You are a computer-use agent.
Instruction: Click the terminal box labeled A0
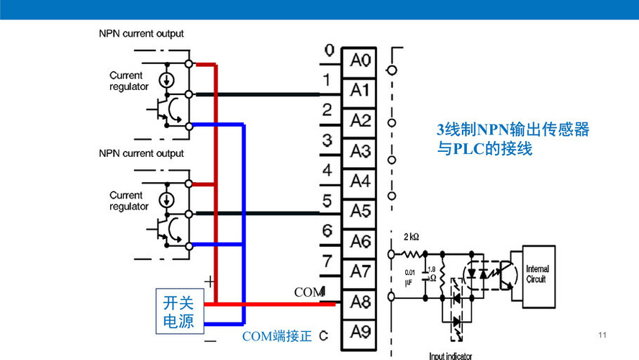360,60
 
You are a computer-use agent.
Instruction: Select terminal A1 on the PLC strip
360,91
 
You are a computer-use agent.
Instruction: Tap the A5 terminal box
360,211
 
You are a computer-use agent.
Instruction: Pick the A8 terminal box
360,302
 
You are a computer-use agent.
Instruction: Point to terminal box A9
360,332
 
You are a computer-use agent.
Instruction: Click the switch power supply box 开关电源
178,312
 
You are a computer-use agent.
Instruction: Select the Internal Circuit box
537,274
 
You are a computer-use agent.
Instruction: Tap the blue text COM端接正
276,336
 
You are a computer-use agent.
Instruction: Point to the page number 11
603,336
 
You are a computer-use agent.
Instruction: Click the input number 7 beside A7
327,261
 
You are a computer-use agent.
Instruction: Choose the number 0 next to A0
329,50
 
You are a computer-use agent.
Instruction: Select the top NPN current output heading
141,33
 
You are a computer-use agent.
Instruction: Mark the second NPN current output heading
141,153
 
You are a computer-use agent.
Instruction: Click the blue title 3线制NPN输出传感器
513,130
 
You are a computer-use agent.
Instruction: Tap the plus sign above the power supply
209,279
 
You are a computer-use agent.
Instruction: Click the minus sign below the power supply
209,339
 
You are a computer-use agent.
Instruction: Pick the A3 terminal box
360,151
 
